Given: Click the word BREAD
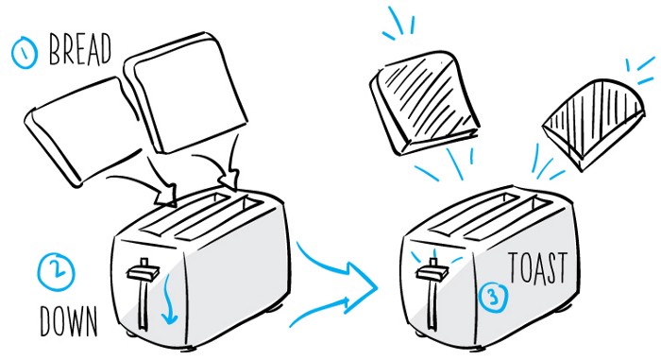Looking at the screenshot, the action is pyautogui.click(x=80, y=50).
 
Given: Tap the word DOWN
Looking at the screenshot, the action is pyautogui.click(x=69, y=321).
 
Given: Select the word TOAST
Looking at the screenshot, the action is pyautogui.click(x=538, y=268).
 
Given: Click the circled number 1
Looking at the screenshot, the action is pyautogui.click(x=24, y=53).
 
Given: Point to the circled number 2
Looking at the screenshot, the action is pyautogui.click(x=56, y=272).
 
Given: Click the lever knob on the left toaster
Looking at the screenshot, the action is pyautogui.click(x=144, y=271).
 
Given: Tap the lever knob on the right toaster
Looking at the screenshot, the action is pyautogui.click(x=433, y=270).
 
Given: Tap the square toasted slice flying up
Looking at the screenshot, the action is pyautogui.click(x=424, y=103).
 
